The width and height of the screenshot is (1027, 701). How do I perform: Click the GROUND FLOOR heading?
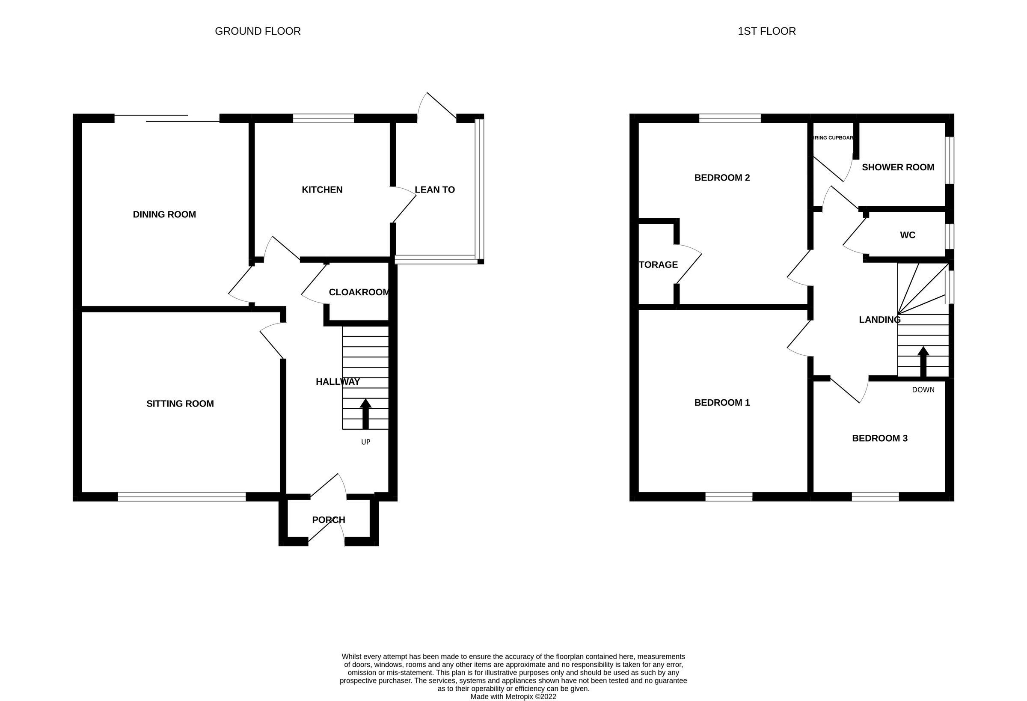pyautogui.click(x=258, y=31)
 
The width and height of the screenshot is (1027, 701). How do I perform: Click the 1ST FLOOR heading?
pyautogui.click(x=767, y=31)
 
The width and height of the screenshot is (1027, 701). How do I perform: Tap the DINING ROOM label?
pyautogui.click(x=164, y=214)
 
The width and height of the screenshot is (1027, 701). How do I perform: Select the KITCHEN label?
pyautogui.click(x=322, y=190)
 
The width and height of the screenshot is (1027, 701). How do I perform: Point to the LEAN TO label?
pyautogui.click(x=435, y=190)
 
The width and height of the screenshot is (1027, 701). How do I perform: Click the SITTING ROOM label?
pyautogui.click(x=180, y=404)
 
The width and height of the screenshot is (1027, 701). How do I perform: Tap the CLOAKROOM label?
pyautogui.click(x=359, y=292)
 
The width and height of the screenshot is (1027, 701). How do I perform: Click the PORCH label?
pyautogui.click(x=329, y=520)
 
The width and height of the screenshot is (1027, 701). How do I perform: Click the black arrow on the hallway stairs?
pyautogui.click(x=365, y=414)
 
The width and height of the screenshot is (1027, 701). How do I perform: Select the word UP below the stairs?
pyautogui.click(x=366, y=442)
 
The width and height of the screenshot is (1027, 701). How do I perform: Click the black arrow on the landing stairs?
pyautogui.click(x=923, y=362)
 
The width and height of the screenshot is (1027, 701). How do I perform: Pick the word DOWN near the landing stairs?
pyautogui.click(x=923, y=390)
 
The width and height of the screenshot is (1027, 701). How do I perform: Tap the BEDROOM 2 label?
pyautogui.click(x=722, y=178)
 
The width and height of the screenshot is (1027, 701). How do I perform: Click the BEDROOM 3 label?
pyautogui.click(x=880, y=438)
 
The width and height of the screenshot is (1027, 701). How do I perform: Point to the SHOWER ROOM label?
pyautogui.click(x=898, y=167)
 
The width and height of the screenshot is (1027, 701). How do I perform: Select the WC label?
pyautogui.click(x=908, y=235)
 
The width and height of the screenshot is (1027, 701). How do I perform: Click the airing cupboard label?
pyautogui.click(x=834, y=138)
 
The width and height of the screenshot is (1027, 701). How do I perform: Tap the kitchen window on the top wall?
pyautogui.click(x=324, y=118)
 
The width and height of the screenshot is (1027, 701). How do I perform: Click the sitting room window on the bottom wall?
pyautogui.click(x=181, y=497)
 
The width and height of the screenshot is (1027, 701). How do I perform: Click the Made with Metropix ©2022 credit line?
pyautogui.click(x=513, y=697)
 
